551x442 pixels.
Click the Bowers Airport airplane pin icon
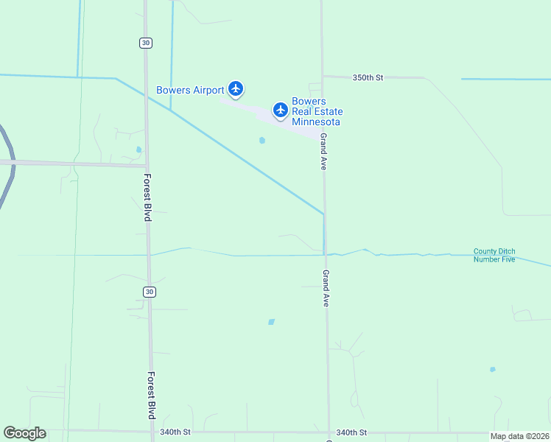[x=236, y=89]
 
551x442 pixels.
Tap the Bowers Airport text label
[x=190, y=90]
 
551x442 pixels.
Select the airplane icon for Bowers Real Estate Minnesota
[x=280, y=110]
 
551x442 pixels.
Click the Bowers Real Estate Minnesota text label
[x=317, y=111]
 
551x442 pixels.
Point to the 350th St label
[x=368, y=77]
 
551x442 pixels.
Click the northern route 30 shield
[x=146, y=43]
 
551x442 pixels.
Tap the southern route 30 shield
[x=150, y=292]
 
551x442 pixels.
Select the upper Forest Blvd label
[x=147, y=197]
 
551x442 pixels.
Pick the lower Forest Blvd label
[x=150, y=394]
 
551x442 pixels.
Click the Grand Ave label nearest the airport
[x=323, y=152]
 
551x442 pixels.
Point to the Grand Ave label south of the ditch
[x=325, y=288]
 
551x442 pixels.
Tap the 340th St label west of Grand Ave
[x=175, y=432]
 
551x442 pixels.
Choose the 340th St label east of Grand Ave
[x=351, y=432]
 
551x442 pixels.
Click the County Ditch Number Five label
[x=494, y=256]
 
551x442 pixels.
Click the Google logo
[x=24, y=432]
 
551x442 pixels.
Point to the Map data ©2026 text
[x=520, y=435]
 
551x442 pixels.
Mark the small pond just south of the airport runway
[x=262, y=140]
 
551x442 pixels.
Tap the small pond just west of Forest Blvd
[x=138, y=150]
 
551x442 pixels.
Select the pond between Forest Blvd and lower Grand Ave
[x=271, y=322]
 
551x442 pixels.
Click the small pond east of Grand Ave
[x=492, y=369]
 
